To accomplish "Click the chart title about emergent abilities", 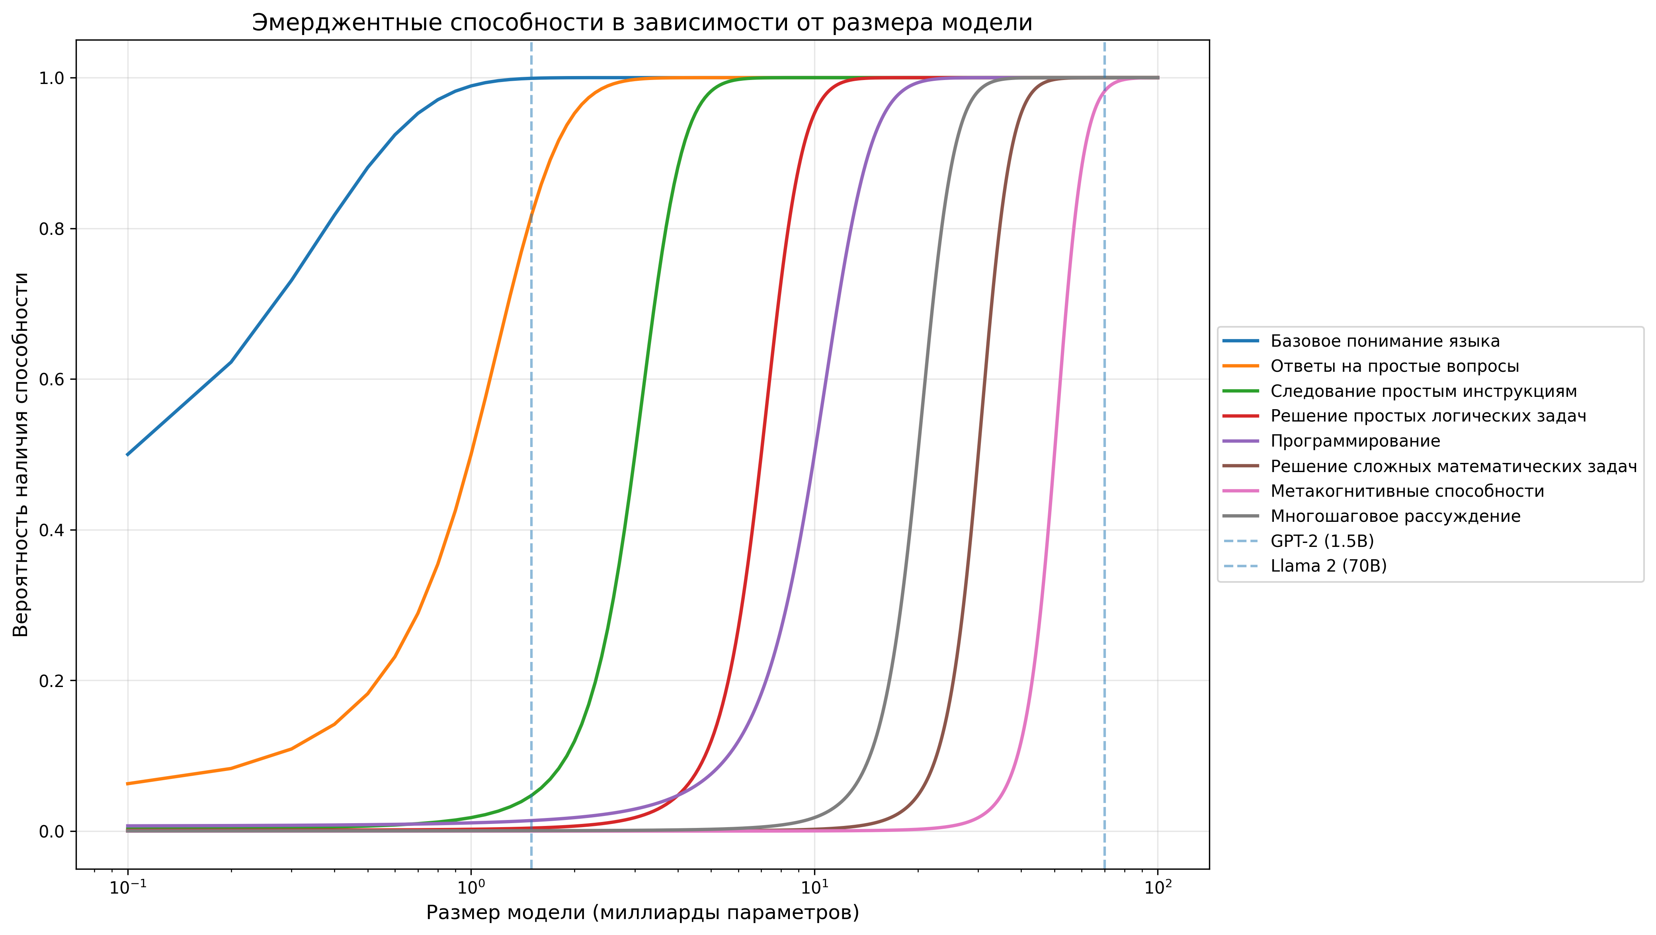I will click(x=642, y=23).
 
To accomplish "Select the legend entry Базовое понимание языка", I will click(x=1385, y=341).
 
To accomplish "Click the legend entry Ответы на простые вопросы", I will click(x=1394, y=366).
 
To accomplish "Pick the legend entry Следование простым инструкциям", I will click(x=1423, y=391).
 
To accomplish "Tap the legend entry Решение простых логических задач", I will click(x=1428, y=416).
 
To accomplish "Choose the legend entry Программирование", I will click(x=1355, y=441).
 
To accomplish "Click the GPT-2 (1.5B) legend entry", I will click(x=1322, y=541).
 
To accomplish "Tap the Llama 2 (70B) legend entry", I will click(x=1328, y=566).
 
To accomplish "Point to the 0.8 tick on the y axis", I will click(x=52, y=229).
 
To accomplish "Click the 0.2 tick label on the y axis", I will click(x=52, y=681).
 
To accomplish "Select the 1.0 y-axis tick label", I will click(x=52, y=78).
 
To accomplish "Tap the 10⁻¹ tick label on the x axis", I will click(x=128, y=888).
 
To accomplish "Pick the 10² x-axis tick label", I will click(x=1158, y=888).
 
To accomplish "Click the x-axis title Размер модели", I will click(x=642, y=912).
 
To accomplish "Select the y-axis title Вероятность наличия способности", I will click(x=21, y=454).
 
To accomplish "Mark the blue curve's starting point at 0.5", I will click(x=128, y=454).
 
